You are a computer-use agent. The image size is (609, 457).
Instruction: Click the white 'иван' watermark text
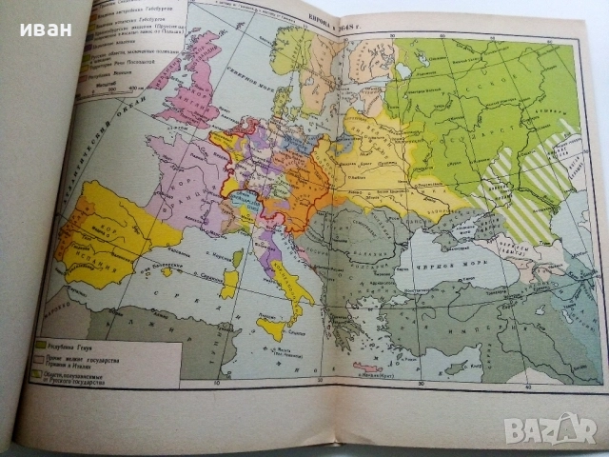point(45,29)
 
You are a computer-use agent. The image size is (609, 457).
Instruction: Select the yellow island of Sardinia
point(229,284)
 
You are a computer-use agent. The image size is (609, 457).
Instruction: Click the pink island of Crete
point(366,368)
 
